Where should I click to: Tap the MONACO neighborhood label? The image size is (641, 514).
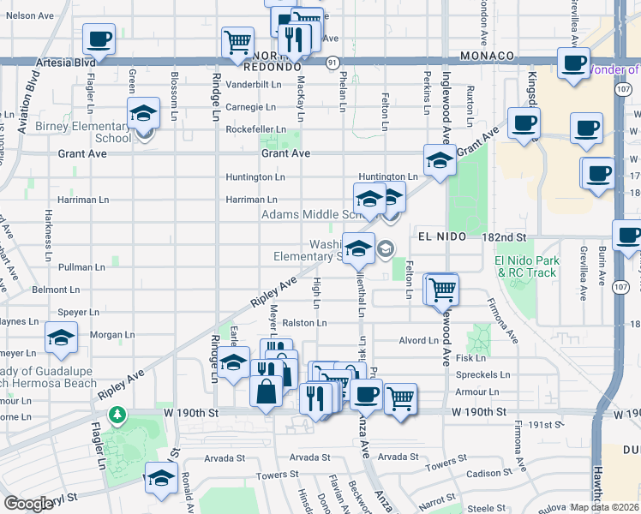pos(486,56)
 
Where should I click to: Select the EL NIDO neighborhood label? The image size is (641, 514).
pos(441,236)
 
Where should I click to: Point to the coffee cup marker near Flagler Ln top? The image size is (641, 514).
pos(99,39)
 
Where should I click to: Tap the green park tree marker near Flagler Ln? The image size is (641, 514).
pos(117,416)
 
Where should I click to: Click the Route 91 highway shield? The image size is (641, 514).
pos(332,62)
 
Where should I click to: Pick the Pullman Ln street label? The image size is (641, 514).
pos(82,267)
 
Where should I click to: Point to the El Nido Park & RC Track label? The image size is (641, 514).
pos(526,267)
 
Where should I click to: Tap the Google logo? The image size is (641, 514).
pos(29,503)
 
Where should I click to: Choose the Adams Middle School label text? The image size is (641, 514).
pos(307,215)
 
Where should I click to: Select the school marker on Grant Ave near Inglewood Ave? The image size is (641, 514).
pos(440,159)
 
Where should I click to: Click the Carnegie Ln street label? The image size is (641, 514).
pos(250,107)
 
